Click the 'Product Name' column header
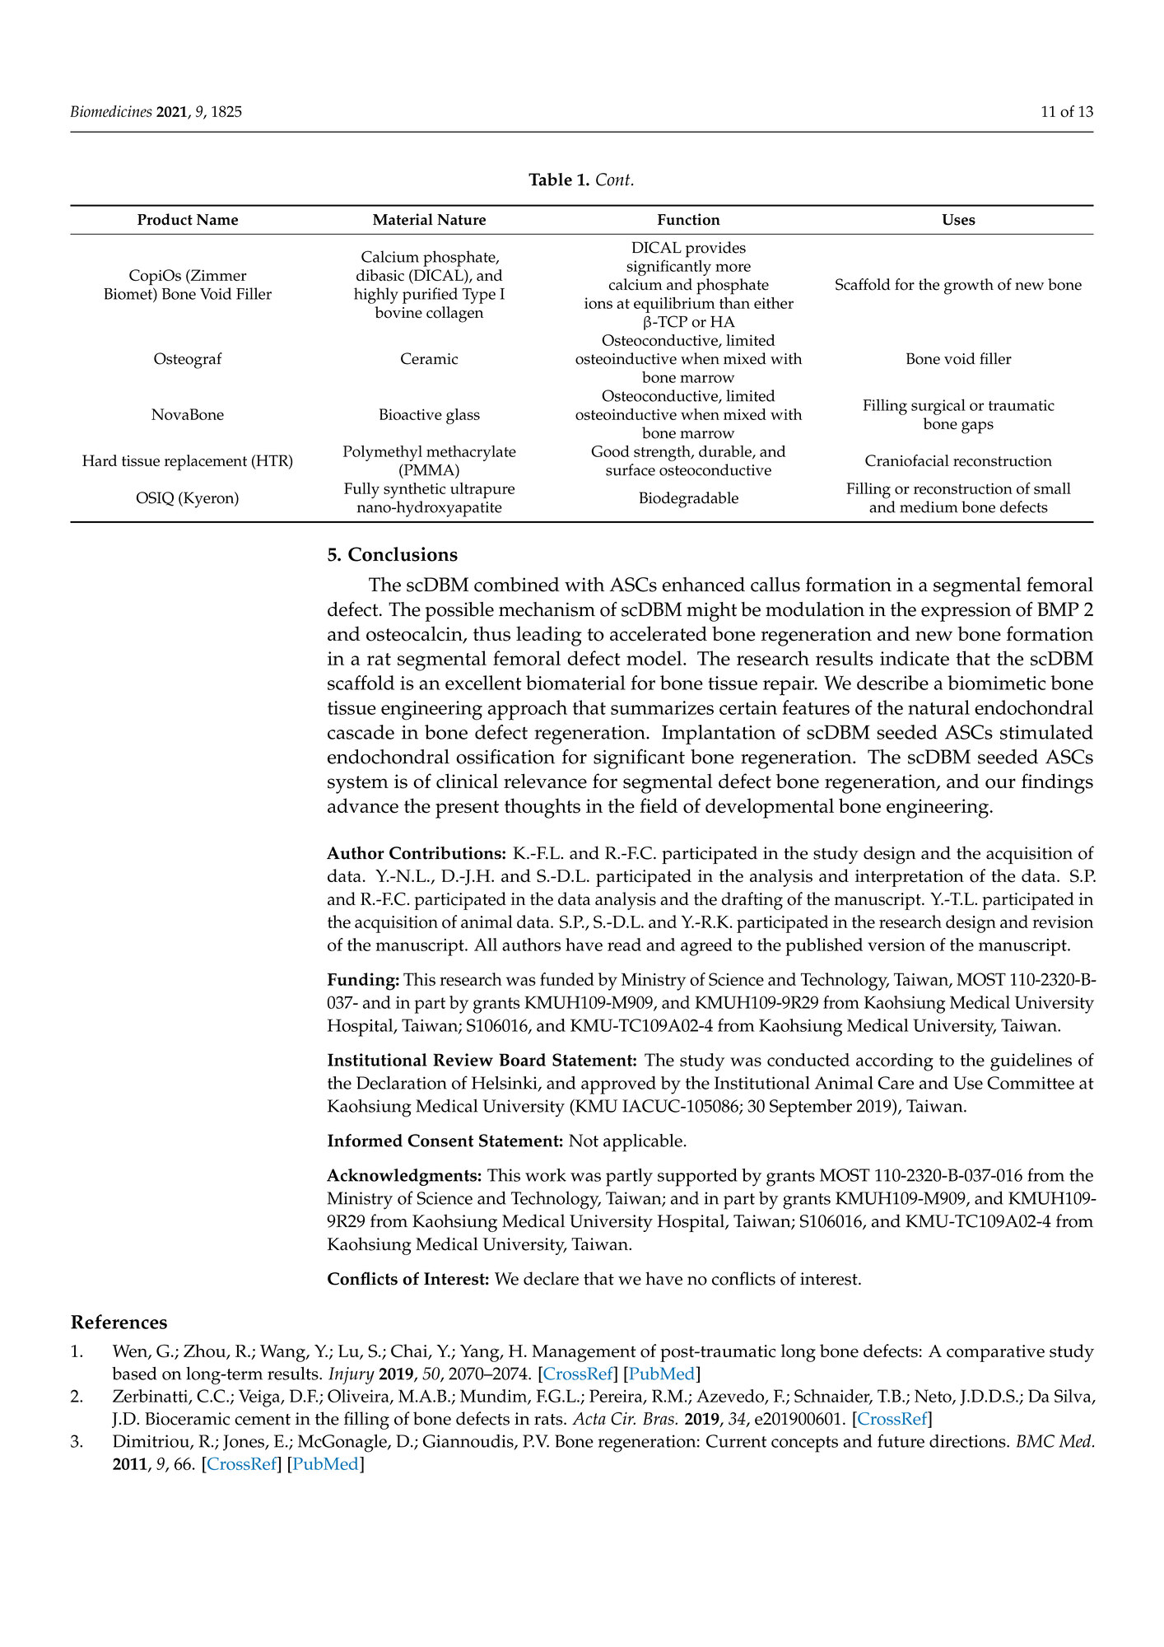click(188, 220)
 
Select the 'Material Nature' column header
click(429, 220)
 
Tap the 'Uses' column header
click(958, 220)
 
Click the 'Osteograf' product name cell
click(188, 359)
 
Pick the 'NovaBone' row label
click(188, 415)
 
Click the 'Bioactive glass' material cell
click(429, 415)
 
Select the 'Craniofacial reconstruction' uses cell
click(958, 461)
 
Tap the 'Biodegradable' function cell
click(688, 498)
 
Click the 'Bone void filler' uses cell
click(958, 359)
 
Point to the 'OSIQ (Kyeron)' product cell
click(188, 498)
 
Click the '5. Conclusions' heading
click(392, 555)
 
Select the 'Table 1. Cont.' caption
click(581, 180)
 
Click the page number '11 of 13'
click(1067, 112)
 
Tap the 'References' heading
click(119, 1323)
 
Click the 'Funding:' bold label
click(363, 980)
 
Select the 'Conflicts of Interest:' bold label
click(408, 1279)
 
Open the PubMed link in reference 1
click(662, 1374)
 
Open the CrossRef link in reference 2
click(892, 1419)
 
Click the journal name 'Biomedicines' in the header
click(110, 112)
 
